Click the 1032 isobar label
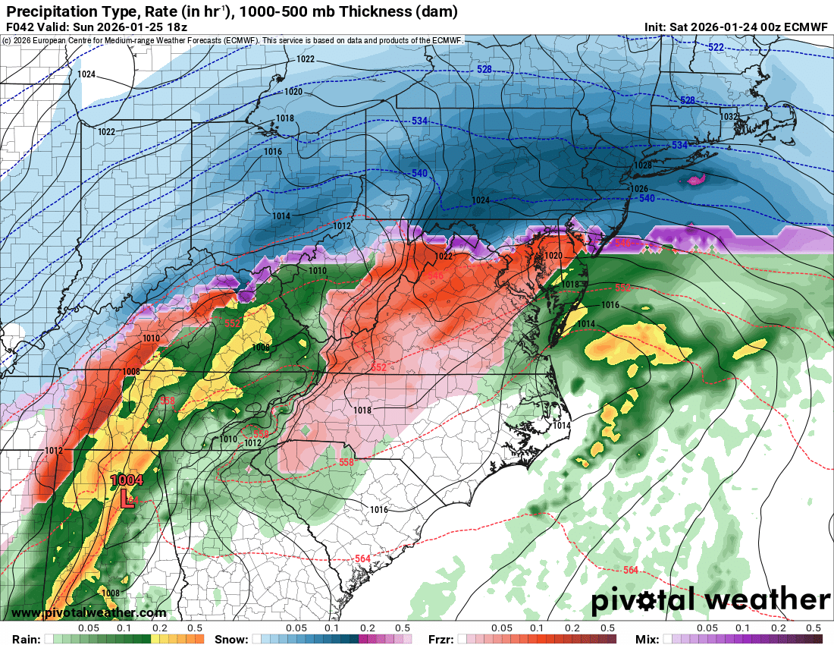tap(729, 117)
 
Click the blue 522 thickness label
tap(715, 48)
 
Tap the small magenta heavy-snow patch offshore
tap(695, 180)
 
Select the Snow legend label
tap(230, 638)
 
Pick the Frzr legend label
tap(441, 638)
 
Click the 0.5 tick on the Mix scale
tap(814, 628)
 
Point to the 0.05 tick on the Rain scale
tap(89, 628)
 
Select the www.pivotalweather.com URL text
tap(89, 613)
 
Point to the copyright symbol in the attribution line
tap(6, 40)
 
